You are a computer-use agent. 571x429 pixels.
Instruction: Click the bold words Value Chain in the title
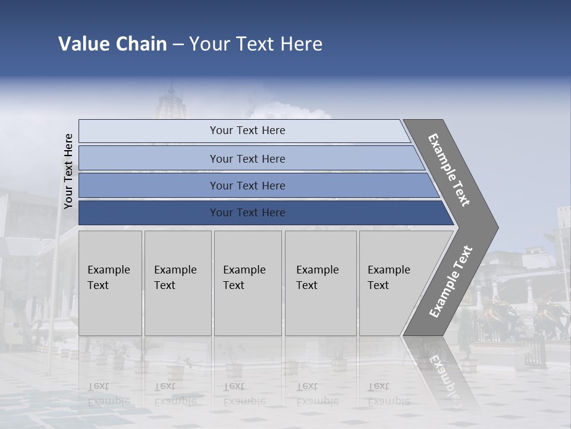click(112, 44)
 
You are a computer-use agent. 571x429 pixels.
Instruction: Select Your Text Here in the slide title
click(256, 44)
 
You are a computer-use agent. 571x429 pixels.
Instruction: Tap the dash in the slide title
click(178, 45)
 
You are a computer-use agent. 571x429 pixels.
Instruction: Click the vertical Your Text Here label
click(68, 171)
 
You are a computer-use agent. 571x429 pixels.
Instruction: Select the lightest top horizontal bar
click(247, 130)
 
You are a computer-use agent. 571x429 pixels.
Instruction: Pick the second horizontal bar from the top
click(247, 158)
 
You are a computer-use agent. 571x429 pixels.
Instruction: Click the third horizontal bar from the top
click(247, 185)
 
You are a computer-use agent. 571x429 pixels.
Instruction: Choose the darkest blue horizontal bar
click(247, 213)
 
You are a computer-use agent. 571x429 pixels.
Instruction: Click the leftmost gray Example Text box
click(110, 283)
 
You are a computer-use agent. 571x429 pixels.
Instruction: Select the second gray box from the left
click(177, 283)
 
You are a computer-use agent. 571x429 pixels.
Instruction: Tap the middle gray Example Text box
click(247, 283)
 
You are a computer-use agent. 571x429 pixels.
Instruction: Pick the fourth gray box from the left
click(320, 283)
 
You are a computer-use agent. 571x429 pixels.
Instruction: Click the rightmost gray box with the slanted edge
click(393, 283)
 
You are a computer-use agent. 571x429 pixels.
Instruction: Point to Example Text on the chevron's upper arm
click(450, 170)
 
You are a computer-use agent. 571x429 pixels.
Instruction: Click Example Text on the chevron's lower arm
click(451, 282)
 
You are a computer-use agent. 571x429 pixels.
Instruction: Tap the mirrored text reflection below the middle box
click(244, 393)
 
